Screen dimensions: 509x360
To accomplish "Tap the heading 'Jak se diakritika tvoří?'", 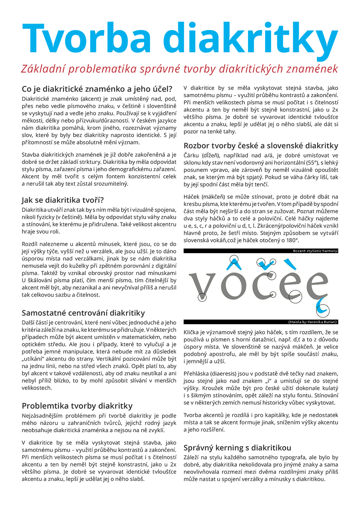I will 63,200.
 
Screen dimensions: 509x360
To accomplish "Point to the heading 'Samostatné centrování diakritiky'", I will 83,313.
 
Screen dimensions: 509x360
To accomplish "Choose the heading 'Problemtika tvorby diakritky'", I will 77,406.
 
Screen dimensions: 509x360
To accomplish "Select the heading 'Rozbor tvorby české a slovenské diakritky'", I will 261,146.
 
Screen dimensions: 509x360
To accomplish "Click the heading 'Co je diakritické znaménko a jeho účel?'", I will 97,88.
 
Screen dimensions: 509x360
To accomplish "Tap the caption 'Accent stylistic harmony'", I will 315,251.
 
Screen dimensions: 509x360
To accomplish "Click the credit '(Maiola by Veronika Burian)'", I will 312,321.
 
